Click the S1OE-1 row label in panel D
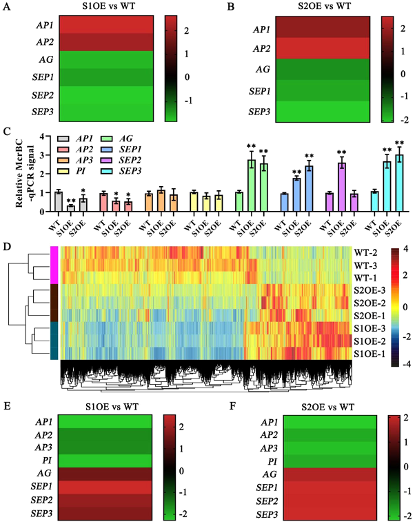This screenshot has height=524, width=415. pyautogui.click(x=367, y=352)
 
